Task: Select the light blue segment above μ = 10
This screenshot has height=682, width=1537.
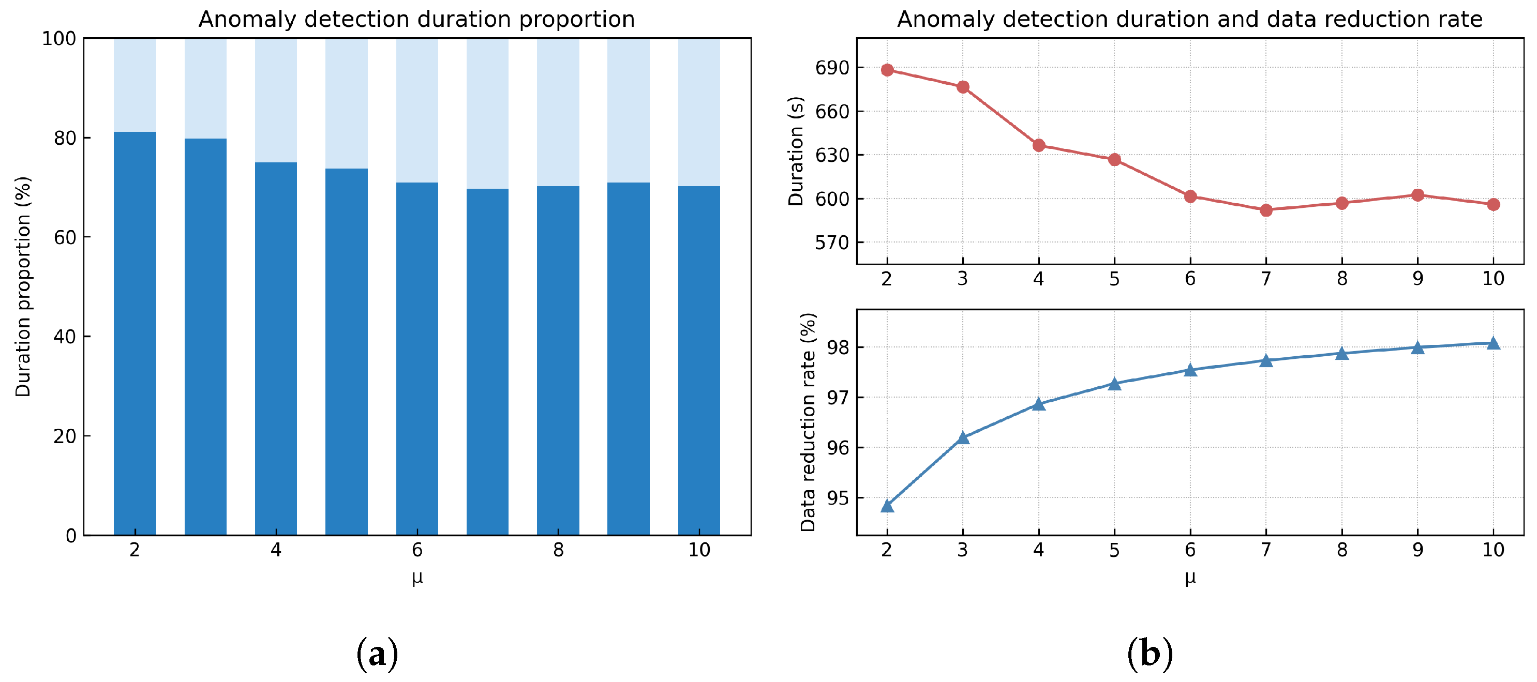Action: [x=699, y=112]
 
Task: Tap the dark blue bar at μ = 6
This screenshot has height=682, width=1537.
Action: [x=417, y=358]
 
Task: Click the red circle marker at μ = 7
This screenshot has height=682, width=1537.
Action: [x=1266, y=210]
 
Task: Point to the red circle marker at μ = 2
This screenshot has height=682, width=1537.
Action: [x=887, y=70]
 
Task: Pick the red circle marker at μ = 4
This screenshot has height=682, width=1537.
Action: [x=1039, y=145]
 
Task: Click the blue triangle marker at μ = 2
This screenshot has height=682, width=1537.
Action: [x=887, y=506]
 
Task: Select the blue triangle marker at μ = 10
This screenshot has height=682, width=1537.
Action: [x=1494, y=342]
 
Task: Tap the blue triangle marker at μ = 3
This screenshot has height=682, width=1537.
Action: [x=963, y=437]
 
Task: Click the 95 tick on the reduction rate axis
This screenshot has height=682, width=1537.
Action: [x=837, y=498]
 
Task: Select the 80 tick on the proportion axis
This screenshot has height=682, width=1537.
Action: [x=65, y=138]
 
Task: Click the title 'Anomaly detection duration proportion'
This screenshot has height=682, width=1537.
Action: [x=416, y=19]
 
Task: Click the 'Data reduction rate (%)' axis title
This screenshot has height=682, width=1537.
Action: [x=808, y=421]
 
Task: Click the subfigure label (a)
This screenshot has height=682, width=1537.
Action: [x=377, y=654]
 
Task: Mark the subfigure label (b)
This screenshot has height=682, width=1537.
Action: [x=1150, y=654]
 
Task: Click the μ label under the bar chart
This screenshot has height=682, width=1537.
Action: [x=417, y=577]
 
